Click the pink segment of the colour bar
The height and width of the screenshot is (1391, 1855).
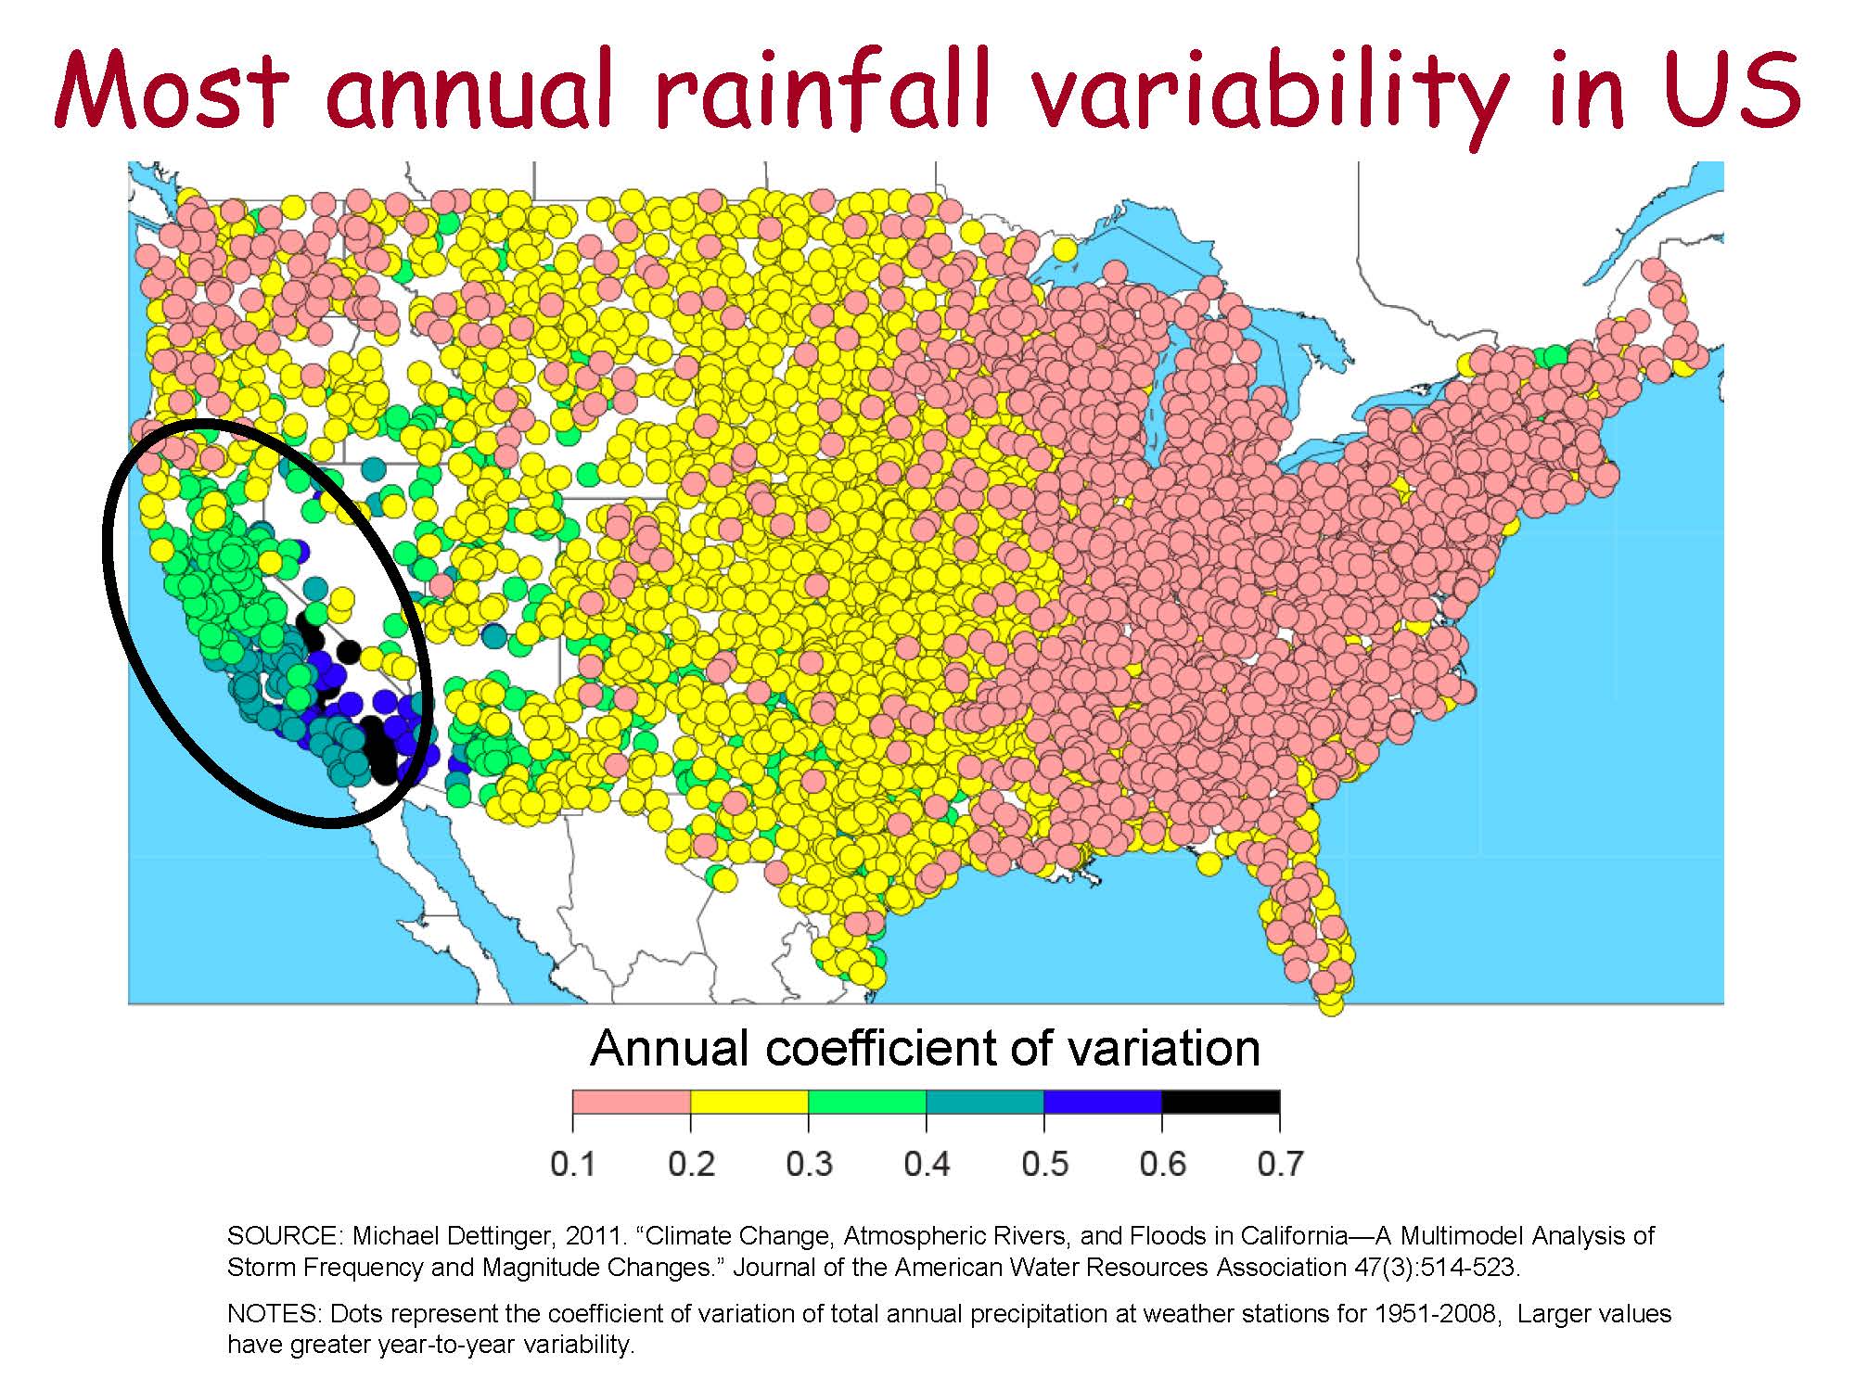[x=632, y=1102]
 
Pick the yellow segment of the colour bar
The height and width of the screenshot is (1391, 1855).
[x=749, y=1102]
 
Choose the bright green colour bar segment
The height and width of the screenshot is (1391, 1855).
[x=867, y=1102]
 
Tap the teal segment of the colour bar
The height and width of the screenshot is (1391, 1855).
[x=985, y=1102]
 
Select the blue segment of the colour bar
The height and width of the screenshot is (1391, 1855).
[x=1103, y=1102]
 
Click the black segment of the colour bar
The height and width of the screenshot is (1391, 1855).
[x=1221, y=1102]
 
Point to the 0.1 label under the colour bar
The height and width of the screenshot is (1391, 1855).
[x=573, y=1164]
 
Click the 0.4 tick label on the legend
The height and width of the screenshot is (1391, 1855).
[x=927, y=1164]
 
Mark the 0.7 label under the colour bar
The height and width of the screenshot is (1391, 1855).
[x=1280, y=1164]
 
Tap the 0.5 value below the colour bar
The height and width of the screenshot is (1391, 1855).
[x=1044, y=1164]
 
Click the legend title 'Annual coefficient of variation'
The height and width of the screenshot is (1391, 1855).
[x=926, y=1049]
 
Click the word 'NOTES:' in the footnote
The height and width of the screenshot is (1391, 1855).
[x=275, y=1314]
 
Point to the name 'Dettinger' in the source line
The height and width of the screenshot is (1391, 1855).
[x=502, y=1236]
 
